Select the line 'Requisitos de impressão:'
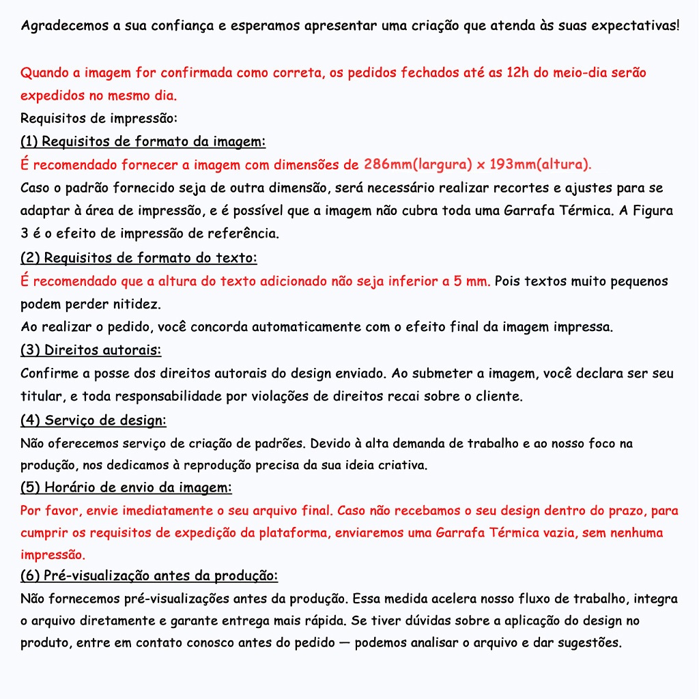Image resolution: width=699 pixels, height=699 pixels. tap(99, 119)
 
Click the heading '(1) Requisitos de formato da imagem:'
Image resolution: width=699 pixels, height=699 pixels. tap(143, 142)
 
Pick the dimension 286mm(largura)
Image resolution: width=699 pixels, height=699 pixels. tap(417, 165)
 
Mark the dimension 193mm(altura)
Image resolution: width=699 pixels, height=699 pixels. tap(540, 165)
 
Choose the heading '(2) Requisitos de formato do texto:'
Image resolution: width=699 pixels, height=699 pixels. tap(139, 258)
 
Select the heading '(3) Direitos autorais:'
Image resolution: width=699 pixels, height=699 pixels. tap(91, 350)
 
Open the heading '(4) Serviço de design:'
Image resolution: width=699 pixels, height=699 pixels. tap(94, 420)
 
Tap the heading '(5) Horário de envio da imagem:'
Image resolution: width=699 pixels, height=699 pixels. tap(126, 488)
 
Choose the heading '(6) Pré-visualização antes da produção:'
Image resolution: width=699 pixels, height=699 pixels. tap(149, 576)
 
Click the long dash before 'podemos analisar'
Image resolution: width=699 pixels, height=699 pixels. tap(345, 643)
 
